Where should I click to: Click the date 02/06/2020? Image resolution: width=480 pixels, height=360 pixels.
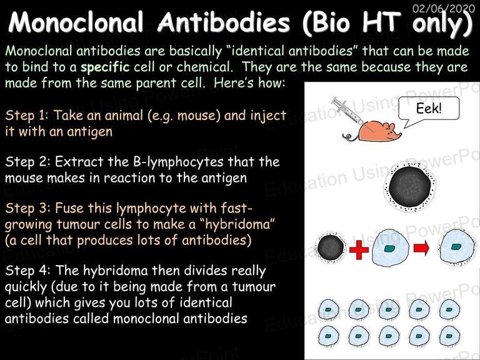click(x=444, y=8)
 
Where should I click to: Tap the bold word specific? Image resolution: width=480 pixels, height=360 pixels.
click(x=105, y=67)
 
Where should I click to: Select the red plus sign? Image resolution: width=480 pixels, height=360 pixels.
click(x=359, y=249)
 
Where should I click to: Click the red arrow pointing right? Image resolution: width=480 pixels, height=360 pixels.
click(x=421, y=248)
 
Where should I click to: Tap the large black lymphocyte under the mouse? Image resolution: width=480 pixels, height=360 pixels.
click(x=409, y=186)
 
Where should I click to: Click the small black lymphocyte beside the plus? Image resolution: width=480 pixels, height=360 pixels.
click(x=331, y=248)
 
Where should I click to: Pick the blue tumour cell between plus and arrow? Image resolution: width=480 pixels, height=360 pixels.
click(x=391, y=247)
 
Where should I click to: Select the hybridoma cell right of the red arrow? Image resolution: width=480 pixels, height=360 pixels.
click(x=457, y=247)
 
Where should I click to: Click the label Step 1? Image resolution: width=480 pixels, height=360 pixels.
click(x=27, y=116)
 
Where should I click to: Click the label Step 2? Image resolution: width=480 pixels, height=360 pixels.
click(x=27, y=162)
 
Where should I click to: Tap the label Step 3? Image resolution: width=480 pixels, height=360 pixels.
click(x=27, y=208)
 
